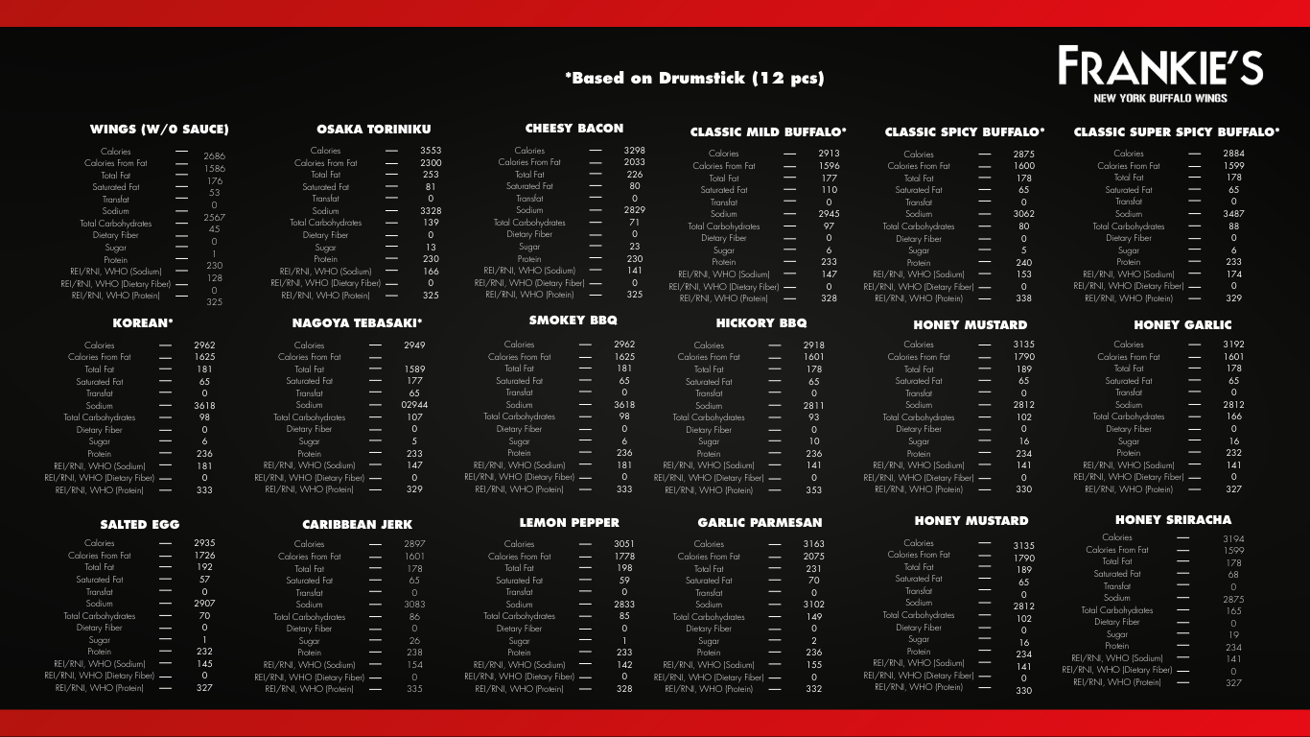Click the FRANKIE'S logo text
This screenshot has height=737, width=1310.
point(1160,66)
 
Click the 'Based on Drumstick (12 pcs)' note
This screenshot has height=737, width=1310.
point(694,78)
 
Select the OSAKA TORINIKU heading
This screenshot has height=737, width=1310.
point(374,129)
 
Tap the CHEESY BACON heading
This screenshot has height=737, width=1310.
point(574,128)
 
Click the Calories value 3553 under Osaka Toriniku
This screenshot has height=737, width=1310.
point(431,151)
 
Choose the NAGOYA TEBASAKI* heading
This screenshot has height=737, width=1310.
point(357,323)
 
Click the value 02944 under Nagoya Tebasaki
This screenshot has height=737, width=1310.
point(414,405)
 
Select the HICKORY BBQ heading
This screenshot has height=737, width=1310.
point(761,323)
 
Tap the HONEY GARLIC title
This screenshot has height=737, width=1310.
point(1182,324)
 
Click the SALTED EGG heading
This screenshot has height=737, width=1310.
point(139,524)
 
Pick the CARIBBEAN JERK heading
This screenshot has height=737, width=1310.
point(357,524)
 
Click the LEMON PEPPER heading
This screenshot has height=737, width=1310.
point(570,523)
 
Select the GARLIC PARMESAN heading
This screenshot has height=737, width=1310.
point(760,523)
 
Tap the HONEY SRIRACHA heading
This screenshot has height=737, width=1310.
point(1173,519)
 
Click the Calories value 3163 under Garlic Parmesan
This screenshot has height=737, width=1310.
point(813,544)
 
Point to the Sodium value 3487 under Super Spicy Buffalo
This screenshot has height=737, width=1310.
point(1233,214)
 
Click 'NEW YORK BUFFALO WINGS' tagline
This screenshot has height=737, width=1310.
point(1160,98)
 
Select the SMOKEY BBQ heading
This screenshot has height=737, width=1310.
point(573,321)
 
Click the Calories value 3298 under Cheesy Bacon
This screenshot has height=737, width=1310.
point(634,151)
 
